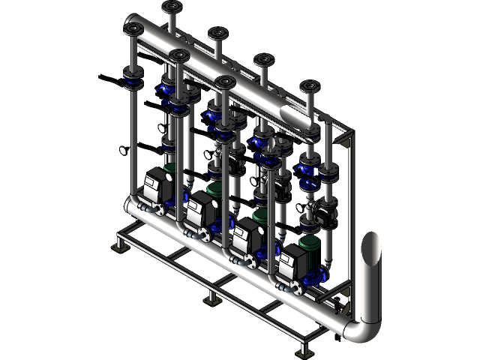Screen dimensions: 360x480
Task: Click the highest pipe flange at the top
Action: click(x=170, y=7)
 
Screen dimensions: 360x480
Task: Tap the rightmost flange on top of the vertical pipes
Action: click(x=309, y=85)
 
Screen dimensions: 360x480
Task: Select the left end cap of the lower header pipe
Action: click(x=128, y=205)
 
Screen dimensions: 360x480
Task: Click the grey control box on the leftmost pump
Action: click(x=156, y=183)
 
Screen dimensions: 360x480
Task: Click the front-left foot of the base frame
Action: click(x=118, y=248)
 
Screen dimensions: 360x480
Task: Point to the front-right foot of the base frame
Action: click(x=304, y=349)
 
